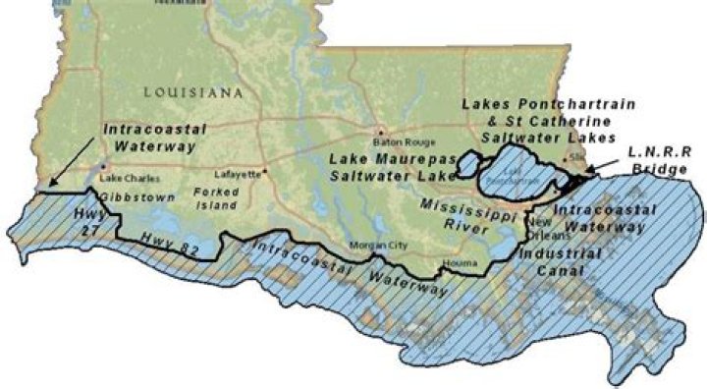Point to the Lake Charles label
(125, 178)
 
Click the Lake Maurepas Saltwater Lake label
(392, 167)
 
